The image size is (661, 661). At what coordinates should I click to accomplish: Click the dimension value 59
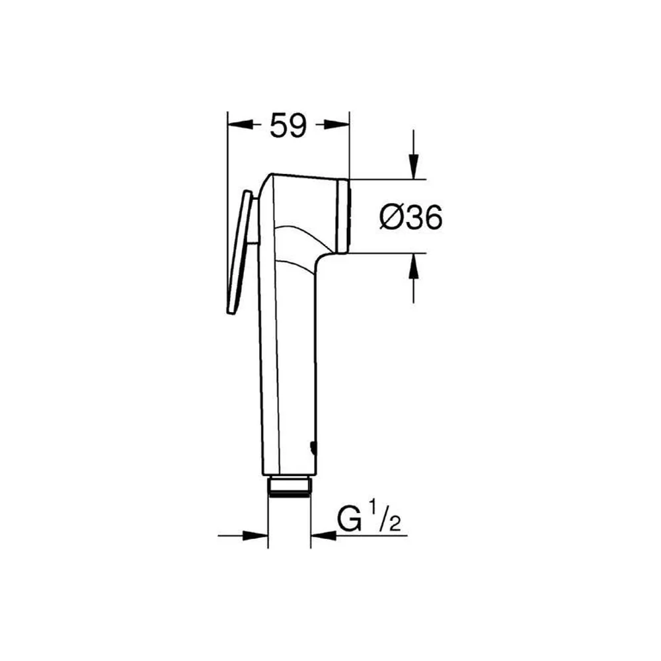pos(288,125)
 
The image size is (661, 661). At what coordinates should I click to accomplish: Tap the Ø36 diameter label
pos(411,217)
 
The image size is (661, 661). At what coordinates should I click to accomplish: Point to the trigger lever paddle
pos(239,253)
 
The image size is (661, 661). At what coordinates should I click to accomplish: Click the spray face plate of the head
pos(344,216)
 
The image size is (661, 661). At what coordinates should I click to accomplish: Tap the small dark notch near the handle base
pos(313,448)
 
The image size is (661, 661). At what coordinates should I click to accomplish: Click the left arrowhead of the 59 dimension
pos(240,124)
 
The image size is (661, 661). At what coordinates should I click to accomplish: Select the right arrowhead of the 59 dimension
pos(337,124)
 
